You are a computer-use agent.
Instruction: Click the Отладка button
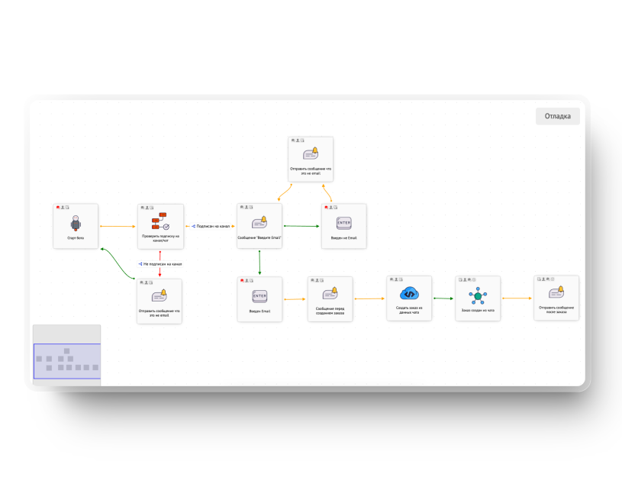558,116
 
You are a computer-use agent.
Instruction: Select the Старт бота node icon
76,222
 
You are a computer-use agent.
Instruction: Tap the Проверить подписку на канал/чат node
160,226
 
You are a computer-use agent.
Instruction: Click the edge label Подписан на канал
213,226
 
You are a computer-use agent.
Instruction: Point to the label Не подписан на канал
162,264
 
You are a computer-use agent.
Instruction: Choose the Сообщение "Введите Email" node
259,225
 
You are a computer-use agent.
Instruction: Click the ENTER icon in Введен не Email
343,222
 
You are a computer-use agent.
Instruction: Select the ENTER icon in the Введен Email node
259,295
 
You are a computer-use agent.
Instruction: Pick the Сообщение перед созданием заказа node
330,298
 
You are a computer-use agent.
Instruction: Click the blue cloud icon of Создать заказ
409,294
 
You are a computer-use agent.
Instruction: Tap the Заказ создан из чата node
478,298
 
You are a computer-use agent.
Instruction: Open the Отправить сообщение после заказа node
556,298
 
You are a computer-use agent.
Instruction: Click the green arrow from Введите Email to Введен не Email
301,226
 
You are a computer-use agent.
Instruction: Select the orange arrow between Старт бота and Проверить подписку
118,227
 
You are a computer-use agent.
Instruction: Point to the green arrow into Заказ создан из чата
443,298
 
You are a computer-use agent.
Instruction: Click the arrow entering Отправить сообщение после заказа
517,298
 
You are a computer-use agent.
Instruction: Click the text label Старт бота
76,238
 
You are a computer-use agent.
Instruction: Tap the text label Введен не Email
343,238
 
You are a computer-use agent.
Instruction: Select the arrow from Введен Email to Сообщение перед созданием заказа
295,299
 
